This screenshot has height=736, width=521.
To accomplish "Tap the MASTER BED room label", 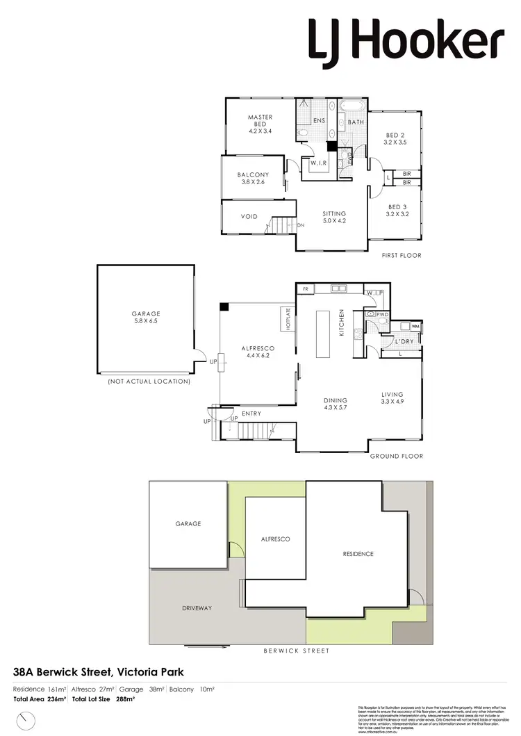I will [260, 122].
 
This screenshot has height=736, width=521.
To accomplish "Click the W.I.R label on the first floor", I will [319, 163].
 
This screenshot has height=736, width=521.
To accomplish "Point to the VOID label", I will [249, 217].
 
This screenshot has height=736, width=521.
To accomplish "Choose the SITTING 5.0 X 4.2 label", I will [333, 218].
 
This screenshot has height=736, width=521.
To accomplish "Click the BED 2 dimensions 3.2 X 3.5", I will [394, 142].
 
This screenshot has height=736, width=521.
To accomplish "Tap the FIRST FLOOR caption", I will [402, 255].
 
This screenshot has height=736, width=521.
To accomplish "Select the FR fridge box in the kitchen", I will [304, 288].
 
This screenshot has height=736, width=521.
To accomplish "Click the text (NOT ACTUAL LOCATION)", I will [149, 382].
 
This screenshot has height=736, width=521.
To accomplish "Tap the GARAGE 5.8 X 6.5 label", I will [145, 318].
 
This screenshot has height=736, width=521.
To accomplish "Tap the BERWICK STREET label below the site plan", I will [297, 651].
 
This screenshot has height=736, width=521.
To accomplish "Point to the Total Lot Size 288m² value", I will [126, 699].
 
